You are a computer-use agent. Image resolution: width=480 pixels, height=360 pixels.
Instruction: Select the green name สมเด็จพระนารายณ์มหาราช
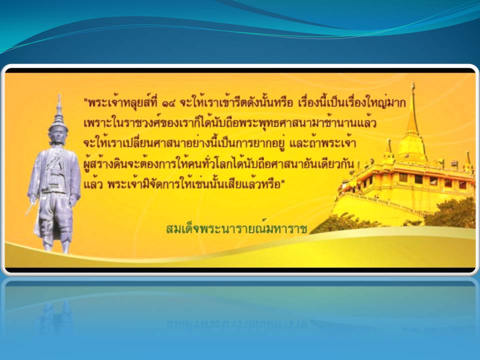click(236, 228)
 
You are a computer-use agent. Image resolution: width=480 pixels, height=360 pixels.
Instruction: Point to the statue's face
click(58, 135)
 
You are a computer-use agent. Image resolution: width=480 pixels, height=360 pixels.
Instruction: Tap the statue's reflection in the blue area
click(56, 316)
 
